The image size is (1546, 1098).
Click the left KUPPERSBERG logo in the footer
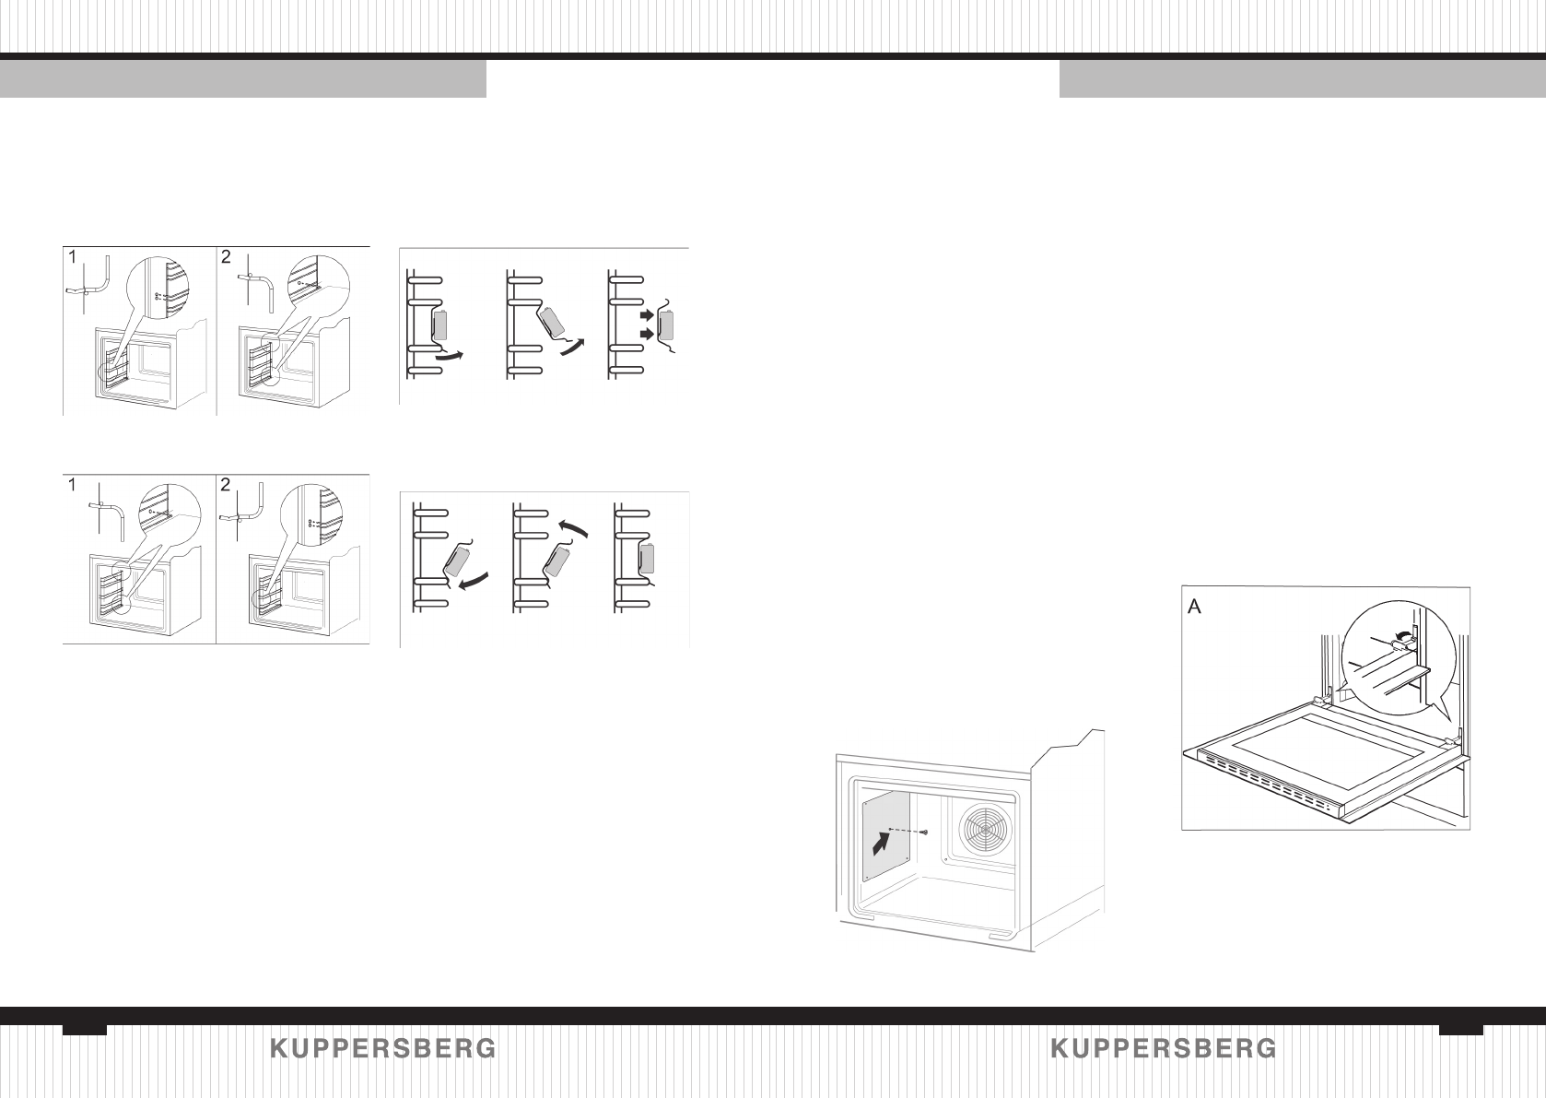(383, 1048)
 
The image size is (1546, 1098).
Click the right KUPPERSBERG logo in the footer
(1164, 1048)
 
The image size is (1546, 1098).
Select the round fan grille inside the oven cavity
(986, 827)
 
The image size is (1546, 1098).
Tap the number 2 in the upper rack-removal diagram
(226, 259)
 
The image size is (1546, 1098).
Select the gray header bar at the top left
(242, 79)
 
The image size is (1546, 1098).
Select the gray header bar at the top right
(1302, 79)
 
